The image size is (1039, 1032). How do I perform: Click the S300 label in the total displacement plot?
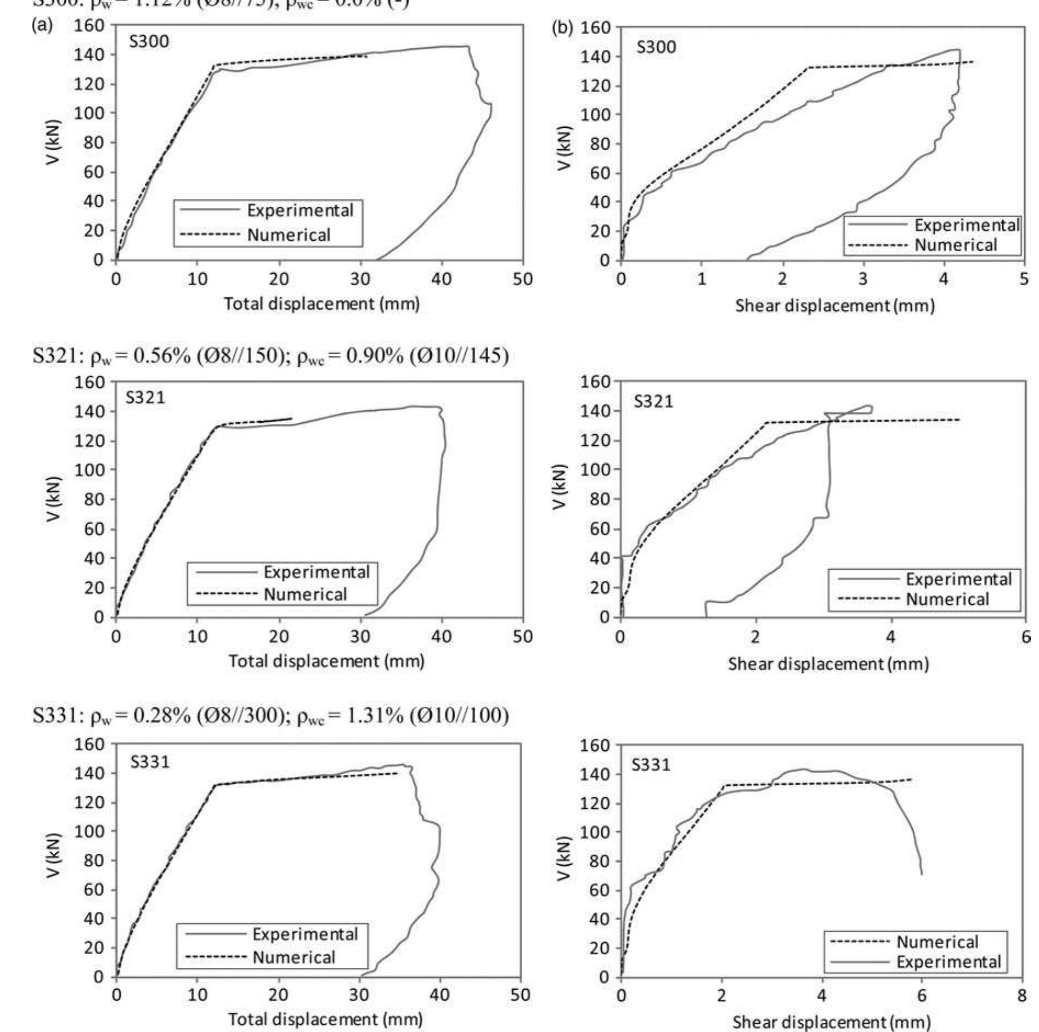149,42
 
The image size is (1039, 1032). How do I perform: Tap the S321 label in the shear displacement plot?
653,401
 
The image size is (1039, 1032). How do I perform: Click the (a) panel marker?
42,25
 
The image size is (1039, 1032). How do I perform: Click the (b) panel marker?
562,27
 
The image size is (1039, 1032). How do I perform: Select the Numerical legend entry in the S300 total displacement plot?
289,235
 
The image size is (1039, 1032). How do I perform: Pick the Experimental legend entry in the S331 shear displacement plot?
948,962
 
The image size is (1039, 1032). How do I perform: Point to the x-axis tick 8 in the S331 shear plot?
1021,995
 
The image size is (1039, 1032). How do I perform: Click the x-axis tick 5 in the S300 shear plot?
1024,279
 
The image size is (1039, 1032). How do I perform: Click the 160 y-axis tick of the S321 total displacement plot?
89,382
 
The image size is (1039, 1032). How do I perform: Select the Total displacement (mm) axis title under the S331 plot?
325,1019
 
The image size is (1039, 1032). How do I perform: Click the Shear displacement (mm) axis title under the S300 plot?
834,305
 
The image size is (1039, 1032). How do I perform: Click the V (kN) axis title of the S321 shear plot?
559,486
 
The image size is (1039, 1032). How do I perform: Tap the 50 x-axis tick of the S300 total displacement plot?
522,279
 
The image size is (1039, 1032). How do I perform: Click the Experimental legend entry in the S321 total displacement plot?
317,572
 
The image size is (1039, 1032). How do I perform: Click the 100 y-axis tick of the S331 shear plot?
595,832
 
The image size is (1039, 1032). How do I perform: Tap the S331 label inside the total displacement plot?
150,762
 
